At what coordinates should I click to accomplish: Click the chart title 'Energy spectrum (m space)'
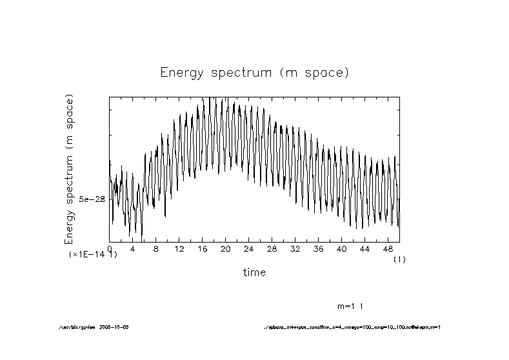254,73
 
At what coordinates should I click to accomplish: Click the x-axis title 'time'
254,273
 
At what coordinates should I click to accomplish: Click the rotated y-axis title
70,169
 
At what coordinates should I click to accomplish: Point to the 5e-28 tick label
92,199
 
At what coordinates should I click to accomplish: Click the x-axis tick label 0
110,248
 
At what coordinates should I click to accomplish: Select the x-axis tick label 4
133,248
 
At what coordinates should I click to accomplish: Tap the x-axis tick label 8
156,248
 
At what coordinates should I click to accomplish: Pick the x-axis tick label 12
179,248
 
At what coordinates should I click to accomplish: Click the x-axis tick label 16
202,248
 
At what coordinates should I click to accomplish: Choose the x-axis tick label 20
225,248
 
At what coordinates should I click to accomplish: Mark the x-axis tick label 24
248,248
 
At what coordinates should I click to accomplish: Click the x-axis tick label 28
272,248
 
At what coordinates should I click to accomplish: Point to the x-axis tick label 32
295,248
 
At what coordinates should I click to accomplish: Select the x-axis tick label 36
318,248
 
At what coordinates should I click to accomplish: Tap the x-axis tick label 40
341,248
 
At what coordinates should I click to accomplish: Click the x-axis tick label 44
364,248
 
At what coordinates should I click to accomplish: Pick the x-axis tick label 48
388,248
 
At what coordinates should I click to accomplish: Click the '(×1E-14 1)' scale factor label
92,255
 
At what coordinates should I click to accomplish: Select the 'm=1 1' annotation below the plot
351,305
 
